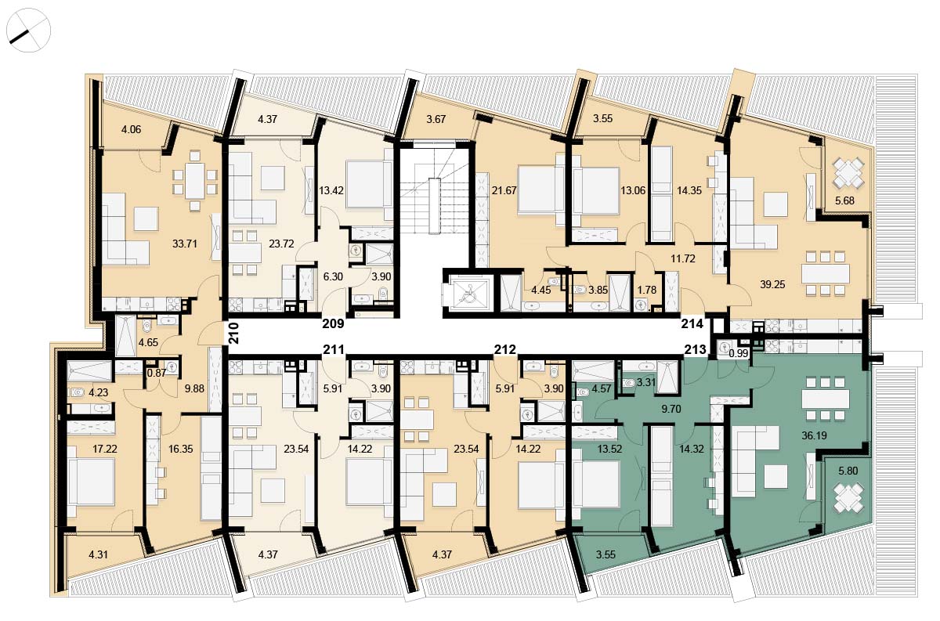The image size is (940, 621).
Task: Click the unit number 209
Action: coord(333,323)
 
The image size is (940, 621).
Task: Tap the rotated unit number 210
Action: coord(233,334)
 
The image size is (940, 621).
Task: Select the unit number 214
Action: coord(692,323)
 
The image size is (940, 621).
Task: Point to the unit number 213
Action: coord(696,349)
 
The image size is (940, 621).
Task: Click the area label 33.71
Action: coord(185,244)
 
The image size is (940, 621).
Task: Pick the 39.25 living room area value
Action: coord(772,284)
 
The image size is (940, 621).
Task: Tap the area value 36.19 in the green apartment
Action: coord(814,435)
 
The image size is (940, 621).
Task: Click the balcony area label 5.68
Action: coord(844,200)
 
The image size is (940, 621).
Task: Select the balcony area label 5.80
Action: coord(848,471)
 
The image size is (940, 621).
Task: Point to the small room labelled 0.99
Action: coord(738,353)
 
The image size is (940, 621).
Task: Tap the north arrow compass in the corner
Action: coord(28,31)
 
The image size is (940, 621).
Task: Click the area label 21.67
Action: coord(504,190)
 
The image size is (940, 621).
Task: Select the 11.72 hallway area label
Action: coord(683,258)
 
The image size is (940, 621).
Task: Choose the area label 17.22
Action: coord(105,449)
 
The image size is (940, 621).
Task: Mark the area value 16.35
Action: coord(180,449)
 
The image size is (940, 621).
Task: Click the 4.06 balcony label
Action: coord(131,130)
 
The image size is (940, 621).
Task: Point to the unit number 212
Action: coord(504,349)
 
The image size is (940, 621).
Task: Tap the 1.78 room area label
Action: coord(647,290)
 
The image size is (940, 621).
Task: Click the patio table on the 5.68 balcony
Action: coord(848,172)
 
